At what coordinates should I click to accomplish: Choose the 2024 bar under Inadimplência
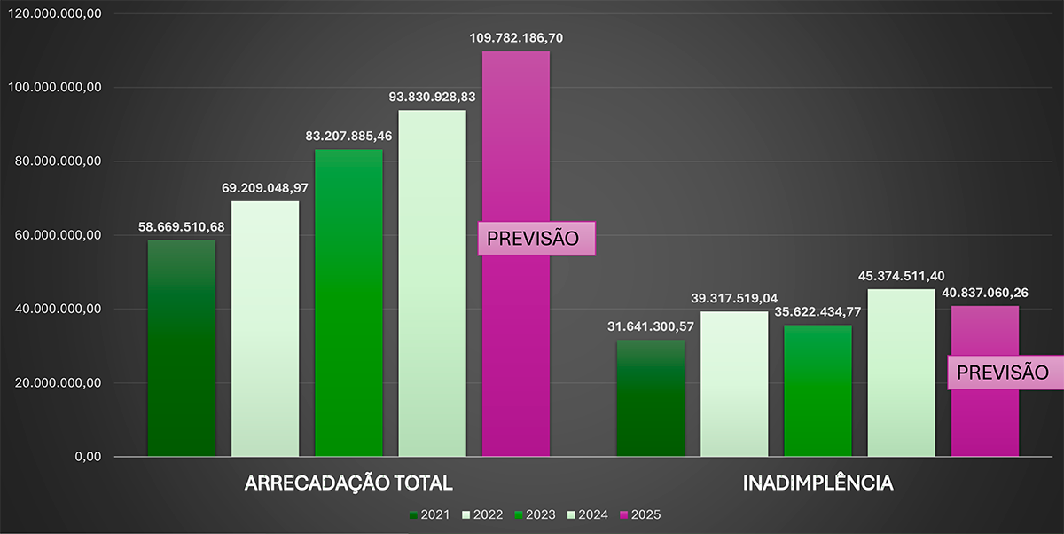tap(901, 373)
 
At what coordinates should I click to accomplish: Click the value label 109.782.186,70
tap(516, 38)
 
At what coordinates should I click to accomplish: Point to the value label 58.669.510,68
tap(181, 227)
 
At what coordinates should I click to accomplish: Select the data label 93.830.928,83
tap(432, 97)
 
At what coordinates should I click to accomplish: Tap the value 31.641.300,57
tap(650, 326)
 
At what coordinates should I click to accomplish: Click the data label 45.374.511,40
tap(901, 276)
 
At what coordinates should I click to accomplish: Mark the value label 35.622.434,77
tap(818, 312)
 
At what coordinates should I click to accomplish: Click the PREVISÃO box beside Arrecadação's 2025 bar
tap(536, 239)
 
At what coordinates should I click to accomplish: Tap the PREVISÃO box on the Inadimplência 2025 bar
tap(1005, 373)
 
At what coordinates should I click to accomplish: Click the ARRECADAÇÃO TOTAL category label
tap(348, 484)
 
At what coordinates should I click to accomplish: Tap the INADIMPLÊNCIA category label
tap(818, 484)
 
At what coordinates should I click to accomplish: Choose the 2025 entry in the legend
tap(639, 515)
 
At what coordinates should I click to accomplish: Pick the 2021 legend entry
tap(429, 515)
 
